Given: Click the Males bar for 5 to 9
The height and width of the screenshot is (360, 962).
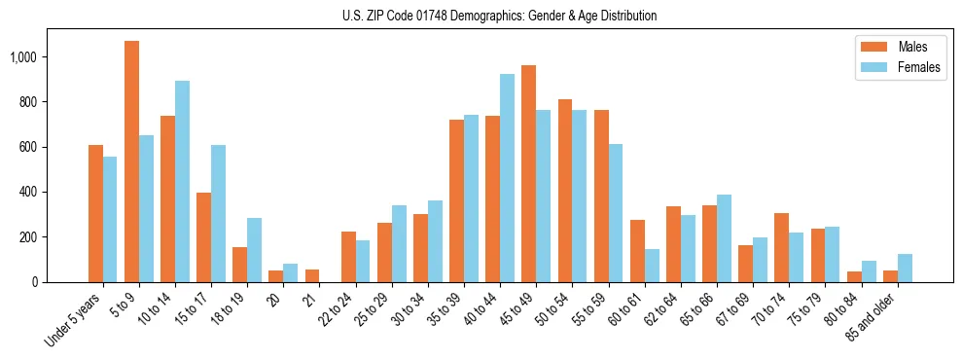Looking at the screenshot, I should [131, 162].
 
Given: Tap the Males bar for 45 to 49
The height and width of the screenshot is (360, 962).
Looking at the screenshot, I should [528, 174].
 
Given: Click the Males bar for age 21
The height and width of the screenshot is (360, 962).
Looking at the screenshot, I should [312, 275].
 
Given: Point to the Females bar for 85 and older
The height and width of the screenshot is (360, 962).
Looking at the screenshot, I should [905, 268].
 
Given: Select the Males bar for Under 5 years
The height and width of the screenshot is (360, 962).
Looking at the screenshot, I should [95, 213].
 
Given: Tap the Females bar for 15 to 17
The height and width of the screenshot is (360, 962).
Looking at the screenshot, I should [218, 213].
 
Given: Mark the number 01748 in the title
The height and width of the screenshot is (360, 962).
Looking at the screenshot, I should [427, 16].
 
